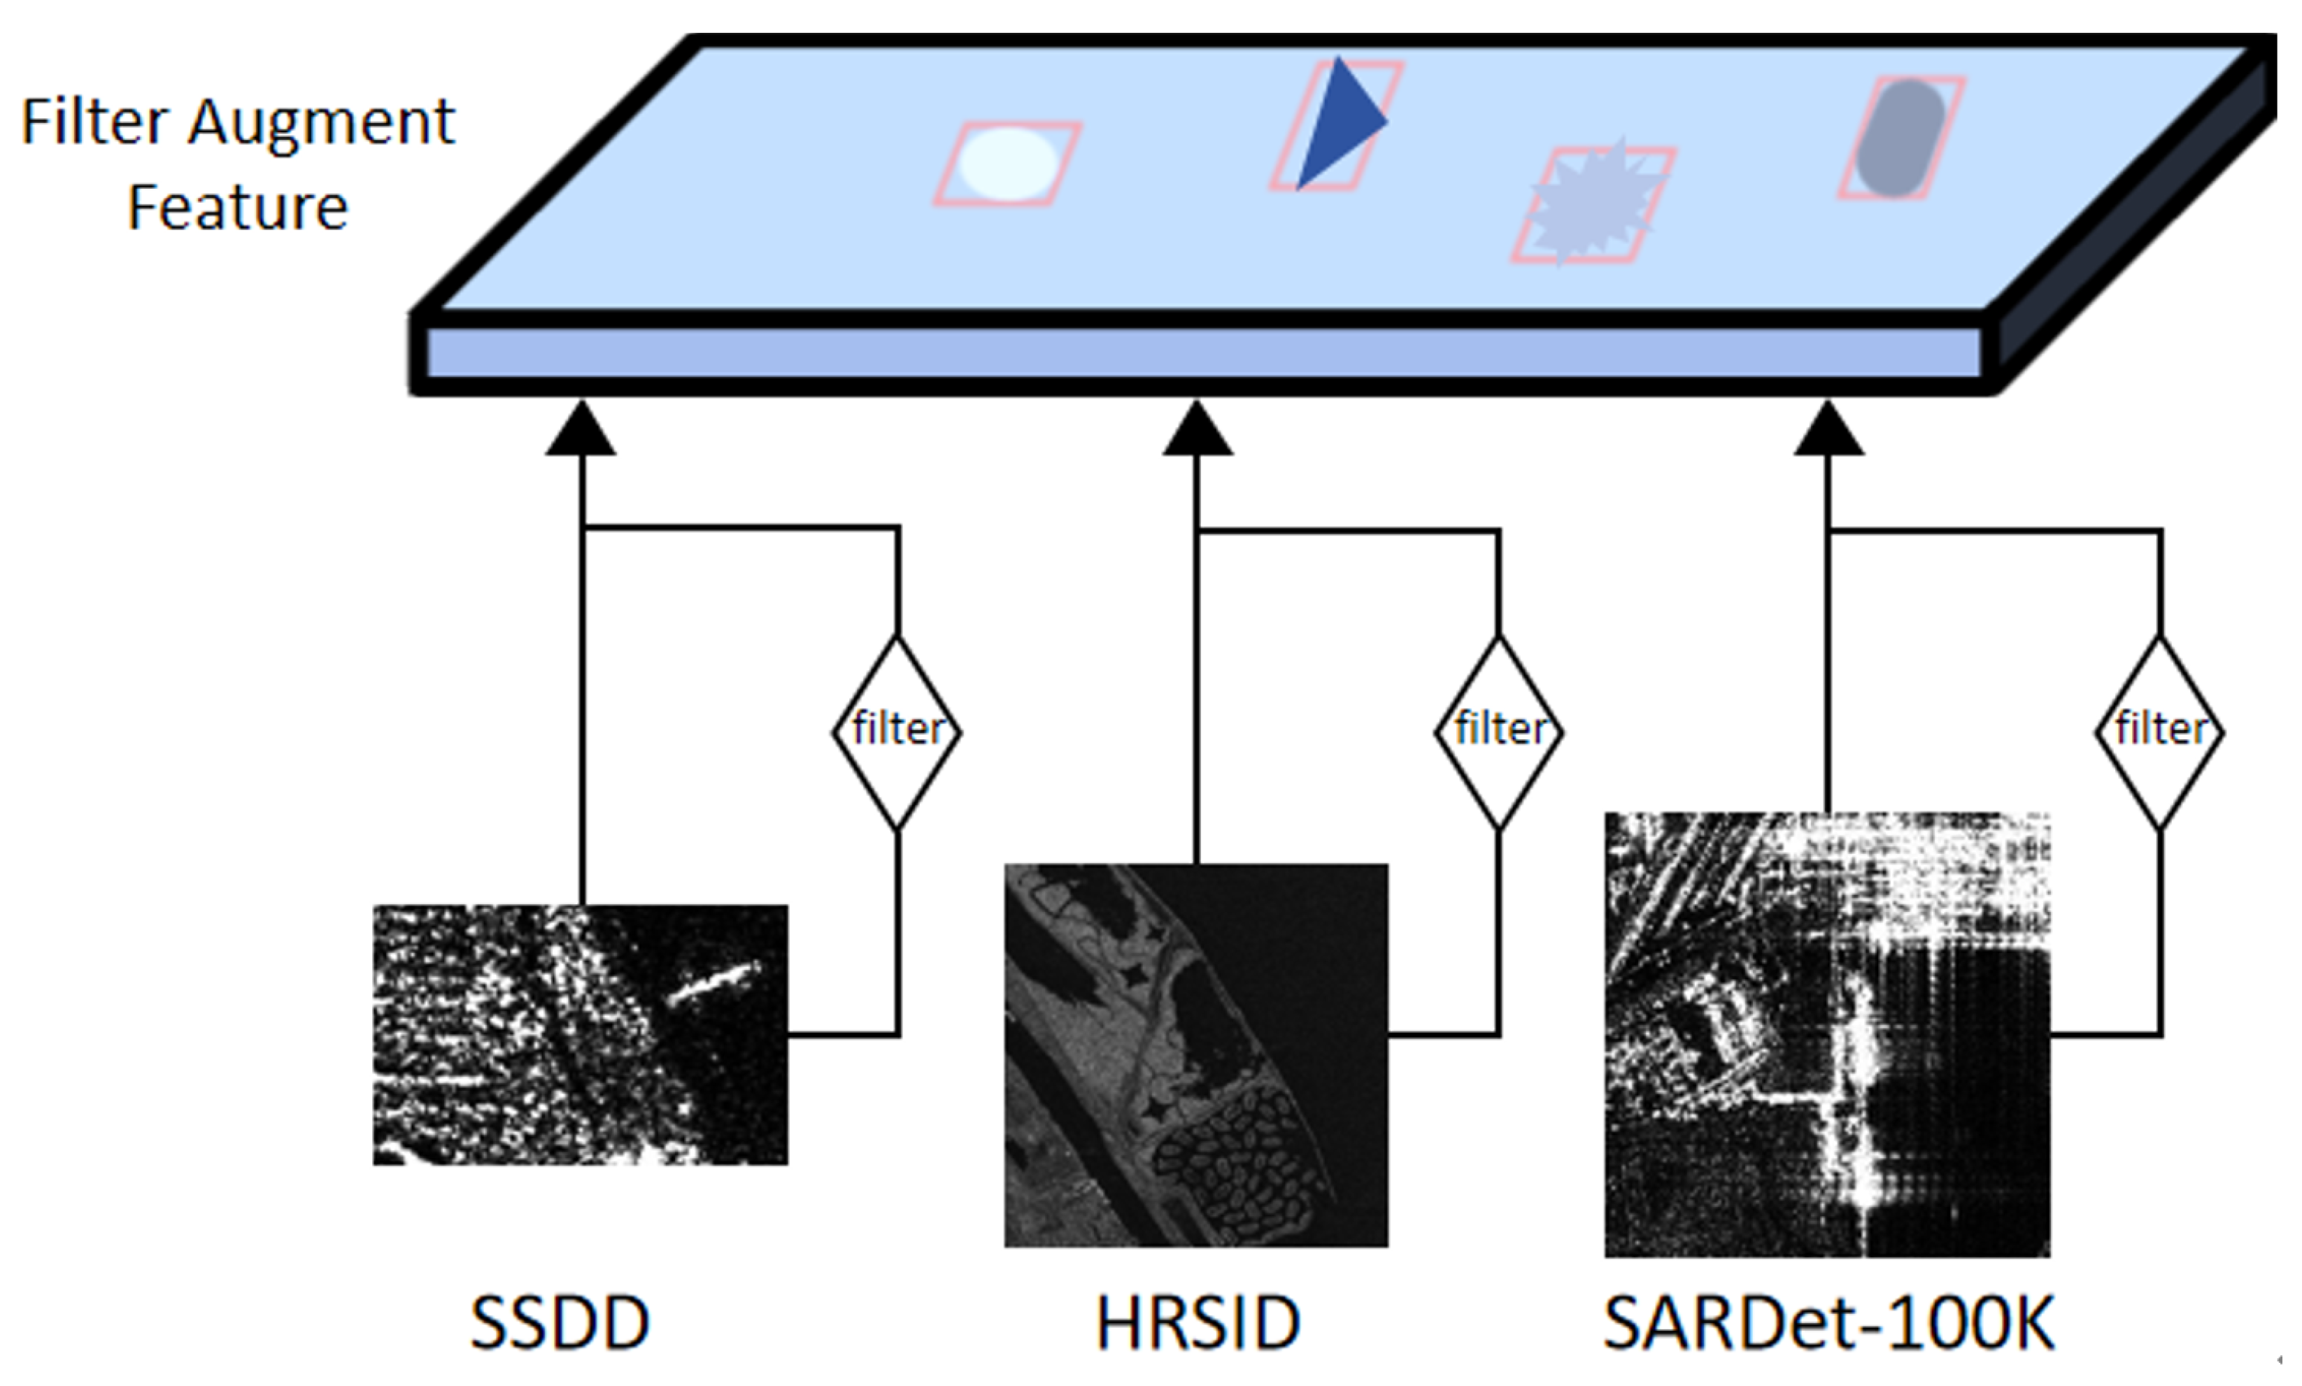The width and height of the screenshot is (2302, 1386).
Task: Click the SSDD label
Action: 560,1322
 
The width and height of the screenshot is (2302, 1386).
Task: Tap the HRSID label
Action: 1198,1322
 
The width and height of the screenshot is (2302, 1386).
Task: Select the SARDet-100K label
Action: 1828,1322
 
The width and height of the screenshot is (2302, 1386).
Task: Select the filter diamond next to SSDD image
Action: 897,731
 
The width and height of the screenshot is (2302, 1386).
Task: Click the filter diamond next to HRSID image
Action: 1498,731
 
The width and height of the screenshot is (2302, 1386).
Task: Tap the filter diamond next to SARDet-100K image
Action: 2159,731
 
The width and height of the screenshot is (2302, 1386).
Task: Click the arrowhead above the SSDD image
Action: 581,431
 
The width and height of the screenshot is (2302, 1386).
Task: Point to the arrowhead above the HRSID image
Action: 1197,431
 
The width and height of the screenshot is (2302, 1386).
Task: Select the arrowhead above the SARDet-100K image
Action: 1828,431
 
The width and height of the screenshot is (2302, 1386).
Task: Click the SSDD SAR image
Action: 580,1035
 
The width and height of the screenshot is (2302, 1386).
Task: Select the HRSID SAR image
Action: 1196,1055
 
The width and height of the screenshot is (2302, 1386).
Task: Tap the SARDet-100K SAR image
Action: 1826,1035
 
